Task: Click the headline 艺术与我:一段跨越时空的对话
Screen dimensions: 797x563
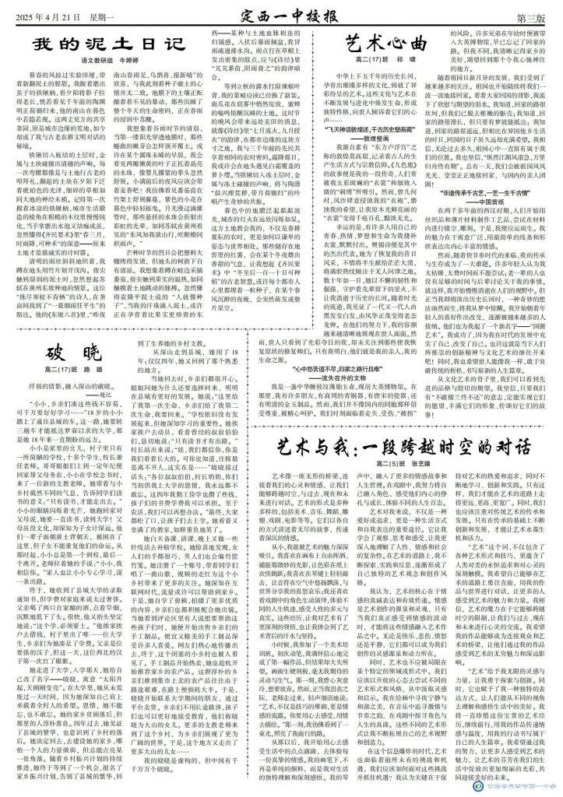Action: tap(404, 448)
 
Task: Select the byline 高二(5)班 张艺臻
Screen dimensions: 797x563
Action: tap(404, 465)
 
